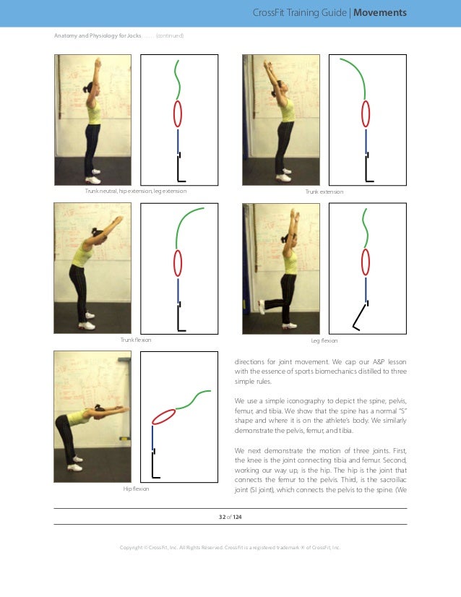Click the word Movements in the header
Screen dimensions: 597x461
tap(380, 13)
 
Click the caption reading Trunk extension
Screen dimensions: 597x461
tap(324, 192)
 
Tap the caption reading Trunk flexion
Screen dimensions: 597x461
tap(136, 339)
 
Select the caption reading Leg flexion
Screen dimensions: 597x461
tap(324, 339)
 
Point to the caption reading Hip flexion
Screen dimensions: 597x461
tap(136, 489)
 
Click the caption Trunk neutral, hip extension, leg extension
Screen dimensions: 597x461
tap(136, 191)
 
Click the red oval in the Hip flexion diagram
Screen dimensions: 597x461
tap(164, 417)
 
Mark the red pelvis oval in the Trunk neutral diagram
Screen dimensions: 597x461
tap(178, 114)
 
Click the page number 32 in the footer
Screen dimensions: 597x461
tap(223, 517)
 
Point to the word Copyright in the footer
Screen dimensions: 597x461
tap(132, 547)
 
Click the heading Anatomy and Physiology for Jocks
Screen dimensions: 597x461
tap(98, 35)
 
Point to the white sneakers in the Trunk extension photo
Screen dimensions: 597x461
tap(283, 174)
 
